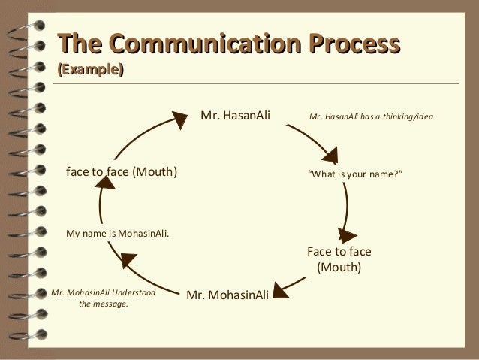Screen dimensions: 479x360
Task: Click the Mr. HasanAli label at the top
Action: click(234, 116)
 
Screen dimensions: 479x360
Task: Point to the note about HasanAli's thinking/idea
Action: click(371, 117)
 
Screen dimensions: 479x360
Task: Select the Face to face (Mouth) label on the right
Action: click(339, 259)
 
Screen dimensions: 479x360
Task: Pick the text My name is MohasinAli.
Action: click(118, 233)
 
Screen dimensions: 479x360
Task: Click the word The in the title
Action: click(78, 43)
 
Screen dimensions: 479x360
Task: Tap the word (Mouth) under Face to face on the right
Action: click(339, 267)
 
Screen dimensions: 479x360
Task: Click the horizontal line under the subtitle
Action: click(255, 83)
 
